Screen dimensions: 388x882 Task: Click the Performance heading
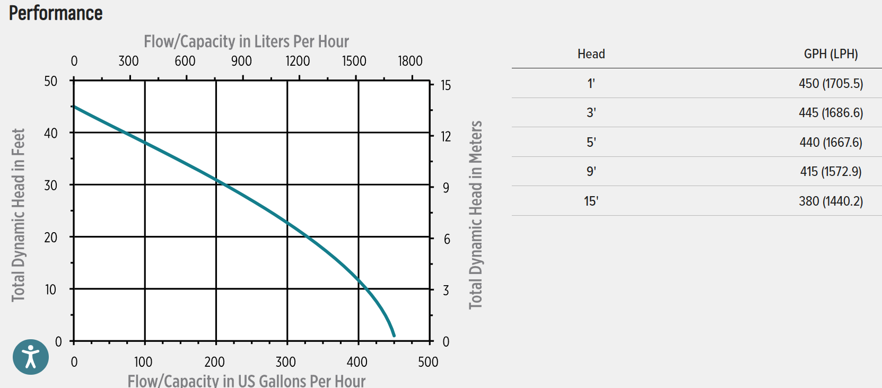(x=56, y=13)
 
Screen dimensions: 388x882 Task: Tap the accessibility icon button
(x=31, y=357)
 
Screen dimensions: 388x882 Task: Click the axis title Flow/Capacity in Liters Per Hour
(x=246, y=41)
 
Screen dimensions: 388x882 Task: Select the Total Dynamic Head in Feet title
(x=19, y=215)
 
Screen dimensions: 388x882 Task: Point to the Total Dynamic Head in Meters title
(x=476, y=215)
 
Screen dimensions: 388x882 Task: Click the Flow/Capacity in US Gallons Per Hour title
(x=246, y=381)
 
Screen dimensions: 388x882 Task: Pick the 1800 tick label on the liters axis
(x=410, y=61)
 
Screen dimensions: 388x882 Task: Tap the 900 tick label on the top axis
(x=241, y=61)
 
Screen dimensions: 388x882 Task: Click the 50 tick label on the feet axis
(x=51, y=81)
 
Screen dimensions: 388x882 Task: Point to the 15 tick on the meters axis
(x=446, y=85)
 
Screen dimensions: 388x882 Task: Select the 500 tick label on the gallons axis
(x=428, y=362)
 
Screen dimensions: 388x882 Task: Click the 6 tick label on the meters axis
(x=447, y=240)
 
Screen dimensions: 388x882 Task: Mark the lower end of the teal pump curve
(x=394, y=335)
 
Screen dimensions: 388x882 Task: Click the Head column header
(x=591, y=54)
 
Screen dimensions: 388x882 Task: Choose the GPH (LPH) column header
(x=831, y=54)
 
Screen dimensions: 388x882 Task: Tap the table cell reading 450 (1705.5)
(x=831, y=84)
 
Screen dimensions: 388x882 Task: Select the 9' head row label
(x=591, y=172)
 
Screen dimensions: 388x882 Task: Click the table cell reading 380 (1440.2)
(x=831, y=201)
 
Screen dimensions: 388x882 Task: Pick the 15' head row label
(x=591, y=201)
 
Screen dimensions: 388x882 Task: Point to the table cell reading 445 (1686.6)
(x=831, y=113)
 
